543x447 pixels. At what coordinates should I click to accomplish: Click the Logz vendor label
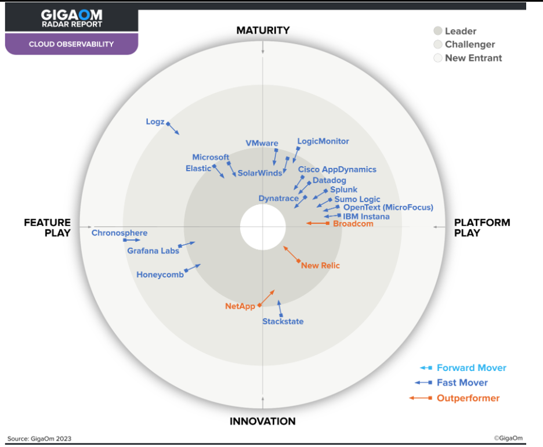pos(155,122)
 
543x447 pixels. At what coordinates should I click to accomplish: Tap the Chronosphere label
pos(120,233)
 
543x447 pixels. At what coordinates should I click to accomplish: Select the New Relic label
pos(320,265)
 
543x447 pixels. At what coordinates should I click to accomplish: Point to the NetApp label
pos(240,306)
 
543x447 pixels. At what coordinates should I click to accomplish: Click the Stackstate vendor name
pos(283,321)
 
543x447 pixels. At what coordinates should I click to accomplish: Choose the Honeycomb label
pos(160,275)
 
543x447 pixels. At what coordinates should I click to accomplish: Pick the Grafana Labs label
pos(153,251)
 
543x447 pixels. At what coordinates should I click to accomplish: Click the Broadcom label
pos(353,223)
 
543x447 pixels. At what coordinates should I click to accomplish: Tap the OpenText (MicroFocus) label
pos(388,207)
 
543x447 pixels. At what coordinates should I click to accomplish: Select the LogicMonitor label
pos(323,141)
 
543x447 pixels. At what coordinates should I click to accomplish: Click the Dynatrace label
pos(278,198)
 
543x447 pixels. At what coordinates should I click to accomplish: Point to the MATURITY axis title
pos(263,30)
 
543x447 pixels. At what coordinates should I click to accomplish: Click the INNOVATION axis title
pos(262,421)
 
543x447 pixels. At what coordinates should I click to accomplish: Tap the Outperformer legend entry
pos(468,398)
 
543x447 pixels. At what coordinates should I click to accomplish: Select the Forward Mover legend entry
pos(471,367)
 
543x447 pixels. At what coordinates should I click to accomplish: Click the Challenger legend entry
pos(469,44)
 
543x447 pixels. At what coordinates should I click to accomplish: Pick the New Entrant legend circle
pos(438,58)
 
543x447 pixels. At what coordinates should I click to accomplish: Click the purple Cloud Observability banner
pos(71,44)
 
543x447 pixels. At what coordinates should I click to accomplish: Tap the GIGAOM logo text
pos(71,15)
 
